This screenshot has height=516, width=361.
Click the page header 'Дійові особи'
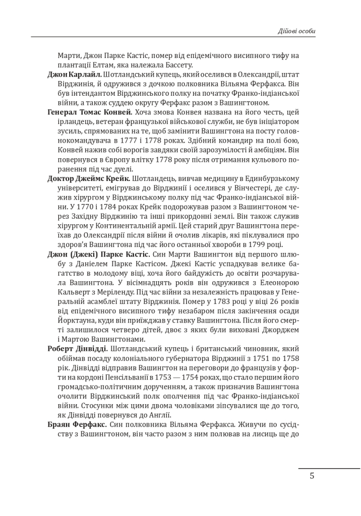tap(296, 31)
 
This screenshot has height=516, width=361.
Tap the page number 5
tap(312, 476)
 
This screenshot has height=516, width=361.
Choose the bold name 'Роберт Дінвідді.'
tap(78, 349)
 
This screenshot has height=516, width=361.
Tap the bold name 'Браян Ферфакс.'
tap(77, 424)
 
